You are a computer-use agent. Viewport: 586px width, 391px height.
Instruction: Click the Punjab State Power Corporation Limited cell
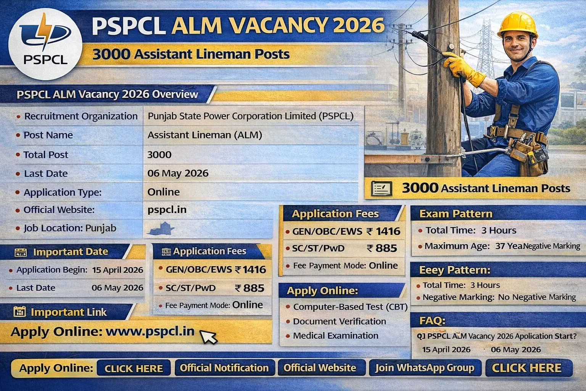coord(250,116)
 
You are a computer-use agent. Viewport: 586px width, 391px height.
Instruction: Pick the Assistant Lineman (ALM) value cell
coord(205,135)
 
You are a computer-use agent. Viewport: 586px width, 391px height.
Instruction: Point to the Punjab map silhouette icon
coord(162,229)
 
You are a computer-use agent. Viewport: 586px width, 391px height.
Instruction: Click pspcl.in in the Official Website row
coord(167,210)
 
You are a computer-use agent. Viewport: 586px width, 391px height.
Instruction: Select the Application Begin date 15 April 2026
coord(118,270)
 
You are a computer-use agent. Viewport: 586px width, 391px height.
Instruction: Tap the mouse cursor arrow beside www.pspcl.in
coord(208,337)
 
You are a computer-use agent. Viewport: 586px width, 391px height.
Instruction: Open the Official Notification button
coord(224,368)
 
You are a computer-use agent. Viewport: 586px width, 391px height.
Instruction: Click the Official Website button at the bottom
coord(320,368)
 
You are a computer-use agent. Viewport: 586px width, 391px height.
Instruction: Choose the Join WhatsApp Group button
coord(425,368)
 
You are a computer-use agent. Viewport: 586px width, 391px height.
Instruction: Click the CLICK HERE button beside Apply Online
coord(134,368)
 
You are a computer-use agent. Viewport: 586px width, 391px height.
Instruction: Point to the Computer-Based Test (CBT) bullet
coord(350,307)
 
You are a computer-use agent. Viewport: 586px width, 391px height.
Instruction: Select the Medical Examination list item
coord(335,336)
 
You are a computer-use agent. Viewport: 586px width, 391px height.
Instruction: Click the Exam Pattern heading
coord(456,214)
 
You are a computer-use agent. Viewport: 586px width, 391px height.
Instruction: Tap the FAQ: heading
coord(432,320)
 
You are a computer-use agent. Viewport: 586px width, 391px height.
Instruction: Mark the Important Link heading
coord(68,312)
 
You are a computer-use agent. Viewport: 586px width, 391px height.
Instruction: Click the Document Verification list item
coord(339,322)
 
